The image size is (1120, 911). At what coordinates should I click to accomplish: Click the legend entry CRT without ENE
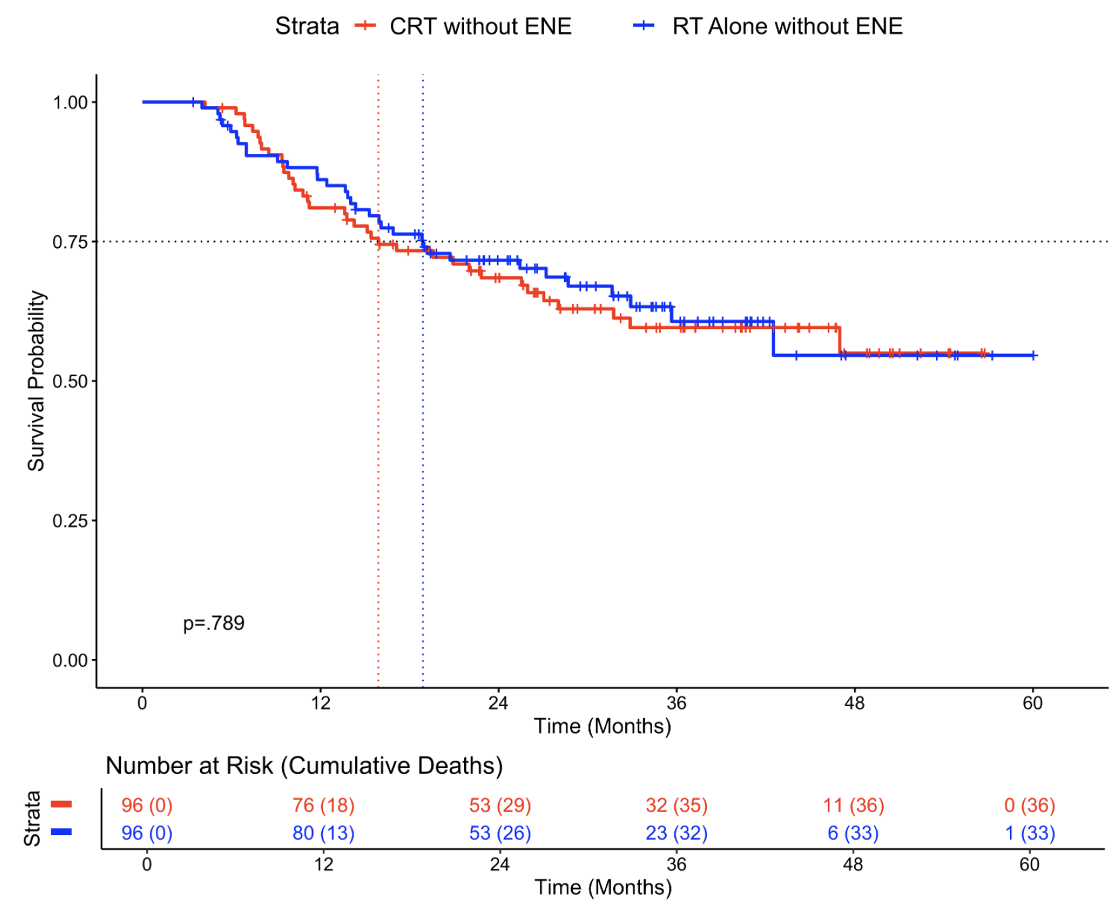[479, 26]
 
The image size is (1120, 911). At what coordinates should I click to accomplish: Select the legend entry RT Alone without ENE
[786, 26]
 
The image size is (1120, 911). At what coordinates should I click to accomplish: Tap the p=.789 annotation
[214, 623]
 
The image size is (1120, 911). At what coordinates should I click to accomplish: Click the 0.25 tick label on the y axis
[71, 521]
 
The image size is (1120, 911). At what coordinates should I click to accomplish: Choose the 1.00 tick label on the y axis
[71, 102]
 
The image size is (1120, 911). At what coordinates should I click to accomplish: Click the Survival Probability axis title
[36, 381]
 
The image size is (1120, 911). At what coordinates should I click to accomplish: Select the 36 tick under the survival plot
[676, 703]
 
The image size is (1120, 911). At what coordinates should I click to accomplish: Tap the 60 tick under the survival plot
[1032, 703]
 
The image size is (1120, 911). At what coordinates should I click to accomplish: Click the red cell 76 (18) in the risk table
[323, 805]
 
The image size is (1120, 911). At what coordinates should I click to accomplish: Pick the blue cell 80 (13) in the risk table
[323, 833]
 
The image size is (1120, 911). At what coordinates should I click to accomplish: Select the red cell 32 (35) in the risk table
[676, 805]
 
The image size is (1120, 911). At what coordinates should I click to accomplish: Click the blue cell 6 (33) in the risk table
[853, 833]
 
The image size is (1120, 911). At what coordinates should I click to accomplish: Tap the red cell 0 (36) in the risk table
[1029, 805]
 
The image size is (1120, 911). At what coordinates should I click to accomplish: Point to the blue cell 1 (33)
[1029, 833]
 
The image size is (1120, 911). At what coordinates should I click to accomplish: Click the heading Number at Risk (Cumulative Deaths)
[304, 765]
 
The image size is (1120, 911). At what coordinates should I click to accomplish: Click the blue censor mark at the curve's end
[1033, 355]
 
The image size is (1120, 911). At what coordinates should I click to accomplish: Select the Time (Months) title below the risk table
[603, 887]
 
